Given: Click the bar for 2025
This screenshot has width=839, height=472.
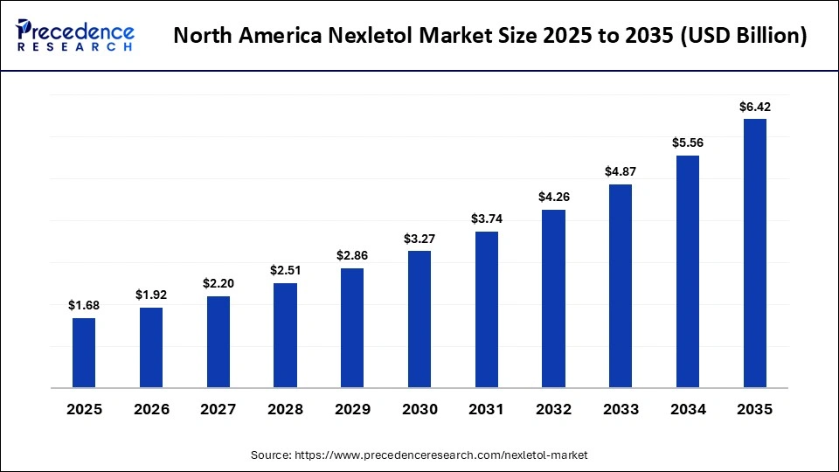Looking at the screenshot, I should pos(84,352).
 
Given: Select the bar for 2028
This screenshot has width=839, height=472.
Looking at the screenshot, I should pos(285,335).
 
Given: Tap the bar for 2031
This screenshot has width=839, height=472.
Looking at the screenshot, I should pos(486,309).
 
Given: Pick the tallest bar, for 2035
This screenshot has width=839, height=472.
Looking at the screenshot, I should pos(754,253).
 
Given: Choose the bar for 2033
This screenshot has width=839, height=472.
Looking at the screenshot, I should pos(621,286).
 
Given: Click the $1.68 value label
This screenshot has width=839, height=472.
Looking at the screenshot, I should pos(84,305).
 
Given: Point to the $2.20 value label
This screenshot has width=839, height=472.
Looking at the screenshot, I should pos(218,283).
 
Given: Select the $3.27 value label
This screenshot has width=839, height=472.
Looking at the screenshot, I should pos(419,238).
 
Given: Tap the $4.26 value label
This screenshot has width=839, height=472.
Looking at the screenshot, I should pos(553,197).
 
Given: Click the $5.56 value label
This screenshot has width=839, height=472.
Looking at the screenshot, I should pos(687,142).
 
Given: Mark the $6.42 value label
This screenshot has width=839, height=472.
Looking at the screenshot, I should pos(754,107).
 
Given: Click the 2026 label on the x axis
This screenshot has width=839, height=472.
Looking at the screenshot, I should pos(151,409).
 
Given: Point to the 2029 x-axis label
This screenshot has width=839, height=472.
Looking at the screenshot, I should pos(352,409).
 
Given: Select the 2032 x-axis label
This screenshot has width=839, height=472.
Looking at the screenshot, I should pos(553,409).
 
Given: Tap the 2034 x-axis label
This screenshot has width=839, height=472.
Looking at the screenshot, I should pos(687,409).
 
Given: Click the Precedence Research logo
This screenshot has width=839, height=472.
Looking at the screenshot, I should pos(75,35).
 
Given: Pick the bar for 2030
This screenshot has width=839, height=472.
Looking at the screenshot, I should pos(419,319).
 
